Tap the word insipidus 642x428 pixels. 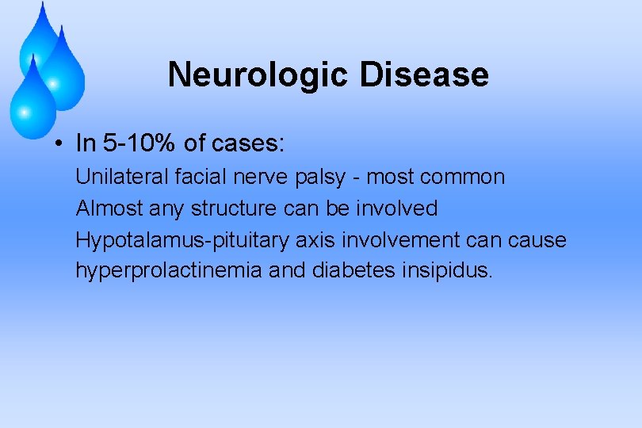coord(450,270)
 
